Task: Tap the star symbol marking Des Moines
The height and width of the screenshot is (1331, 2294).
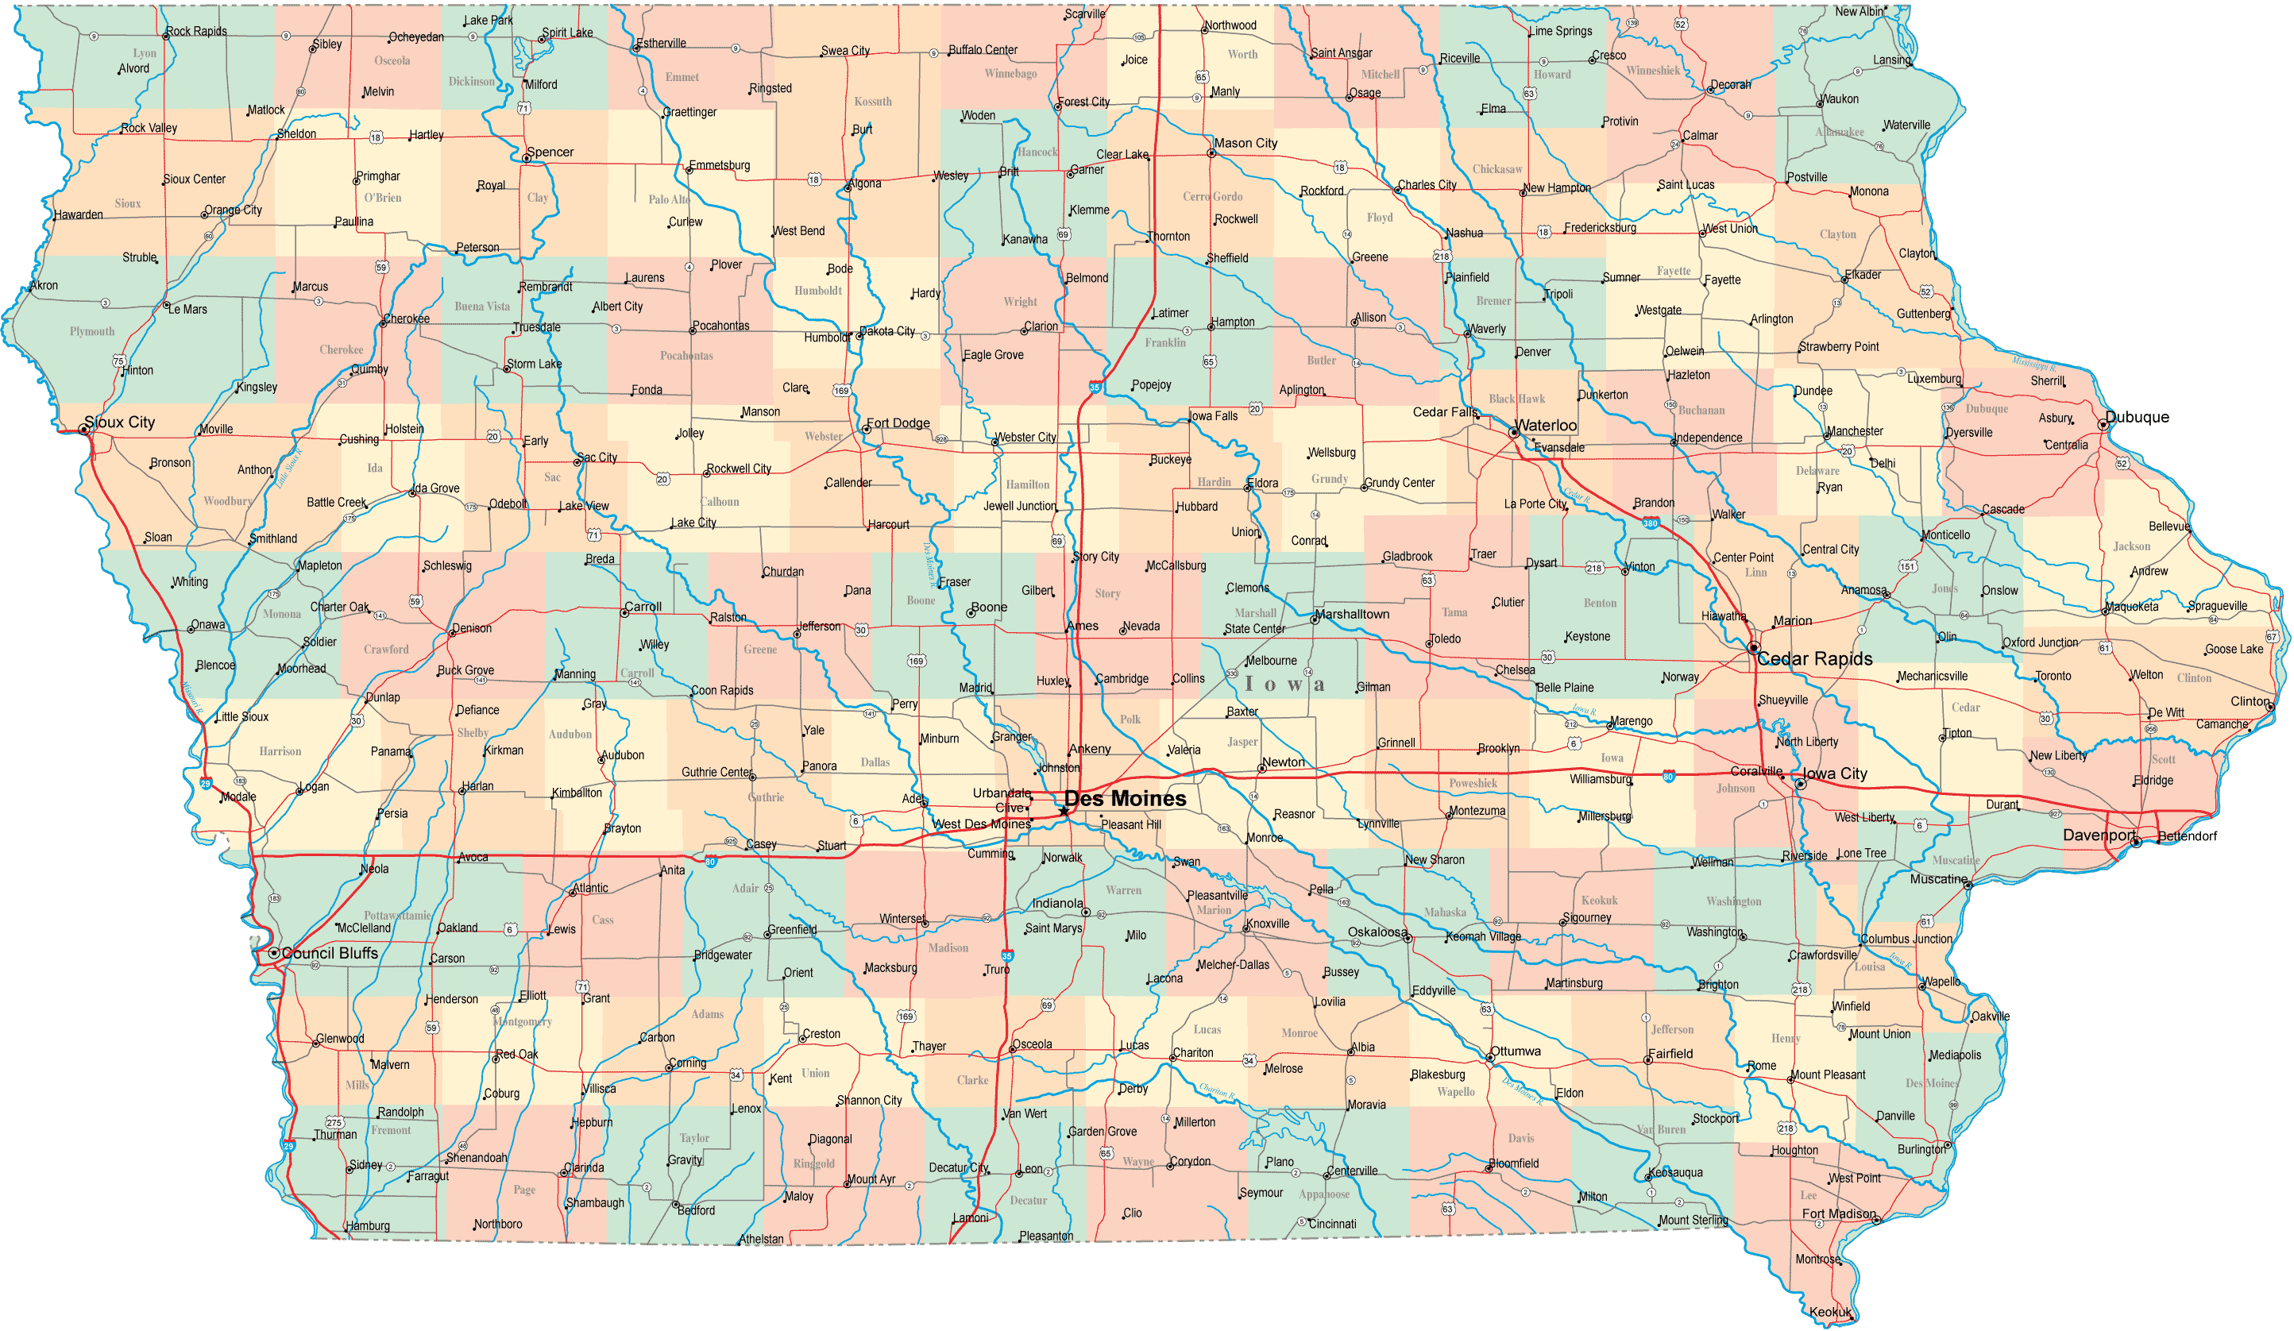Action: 1064,810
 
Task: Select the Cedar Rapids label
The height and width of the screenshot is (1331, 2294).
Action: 1814,659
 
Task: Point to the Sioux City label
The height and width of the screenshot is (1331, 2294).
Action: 119,422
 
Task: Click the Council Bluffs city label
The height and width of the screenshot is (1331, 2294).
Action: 330,953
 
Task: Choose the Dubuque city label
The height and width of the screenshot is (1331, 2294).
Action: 2137,417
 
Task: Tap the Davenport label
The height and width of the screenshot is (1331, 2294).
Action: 2099,835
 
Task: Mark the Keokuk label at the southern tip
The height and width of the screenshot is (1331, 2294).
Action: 1830,1312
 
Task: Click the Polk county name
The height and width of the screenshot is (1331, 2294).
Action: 1130,720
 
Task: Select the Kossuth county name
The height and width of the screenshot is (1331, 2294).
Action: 872,102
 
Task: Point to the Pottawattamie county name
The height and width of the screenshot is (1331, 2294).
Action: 397,915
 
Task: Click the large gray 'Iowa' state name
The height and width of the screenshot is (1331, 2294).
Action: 1284,685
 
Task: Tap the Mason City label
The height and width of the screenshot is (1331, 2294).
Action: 1245,143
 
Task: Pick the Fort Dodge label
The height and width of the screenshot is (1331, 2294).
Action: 898,423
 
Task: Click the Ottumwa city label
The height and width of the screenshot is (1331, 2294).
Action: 1516,1051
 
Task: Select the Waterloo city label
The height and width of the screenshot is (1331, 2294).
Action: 1546,425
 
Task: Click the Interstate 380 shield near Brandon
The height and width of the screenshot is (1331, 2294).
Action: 1651,523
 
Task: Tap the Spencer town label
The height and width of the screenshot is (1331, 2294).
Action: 550,152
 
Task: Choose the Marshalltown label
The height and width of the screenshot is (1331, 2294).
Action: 1352,615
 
